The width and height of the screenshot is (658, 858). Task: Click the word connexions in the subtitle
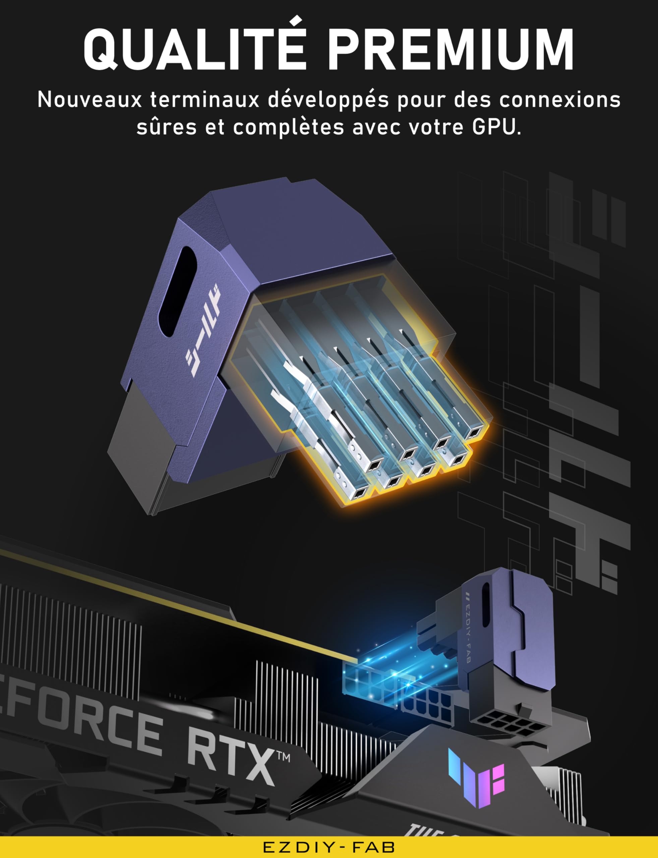560,100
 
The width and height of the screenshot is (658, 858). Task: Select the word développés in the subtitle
328,100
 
